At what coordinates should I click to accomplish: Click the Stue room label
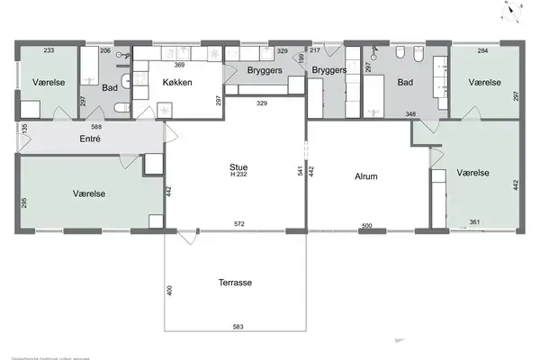(238, 166)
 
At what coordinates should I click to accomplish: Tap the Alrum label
(368, 177)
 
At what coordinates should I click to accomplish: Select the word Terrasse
(235, 282)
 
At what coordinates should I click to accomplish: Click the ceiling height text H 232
(238, 175)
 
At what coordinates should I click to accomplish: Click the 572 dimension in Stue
(238, 223)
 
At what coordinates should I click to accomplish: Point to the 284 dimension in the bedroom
(483, 51)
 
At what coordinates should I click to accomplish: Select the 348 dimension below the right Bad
(409, 113)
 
